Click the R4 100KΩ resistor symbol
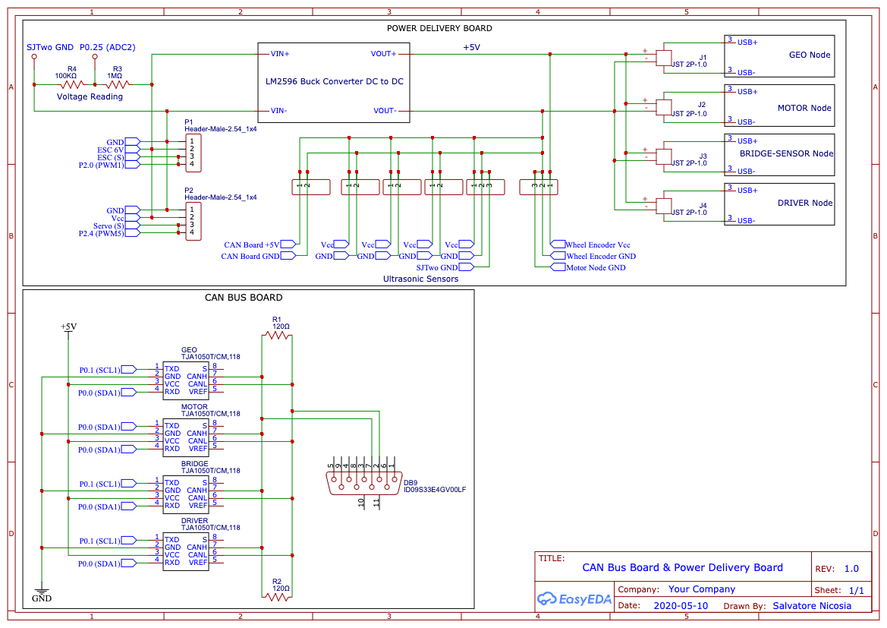(72, 85)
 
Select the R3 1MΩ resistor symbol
(117, 85)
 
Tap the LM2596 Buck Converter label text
(335, 81)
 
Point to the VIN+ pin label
(280, 54)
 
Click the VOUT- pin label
(385, 110)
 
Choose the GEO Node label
(810, 55)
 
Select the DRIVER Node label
(805, 203)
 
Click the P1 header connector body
(193, 153)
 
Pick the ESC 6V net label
(110, 150)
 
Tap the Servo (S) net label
(109, 226)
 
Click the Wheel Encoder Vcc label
(598, 245)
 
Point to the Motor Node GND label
(596, 268)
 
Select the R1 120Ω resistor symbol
(277, 335)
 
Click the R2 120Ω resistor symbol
(277, 595)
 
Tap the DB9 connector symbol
(365, 482)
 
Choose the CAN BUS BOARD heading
(244, 298)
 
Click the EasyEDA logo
(574, 598)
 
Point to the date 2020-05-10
(681, 605)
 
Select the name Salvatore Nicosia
(812, 605)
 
